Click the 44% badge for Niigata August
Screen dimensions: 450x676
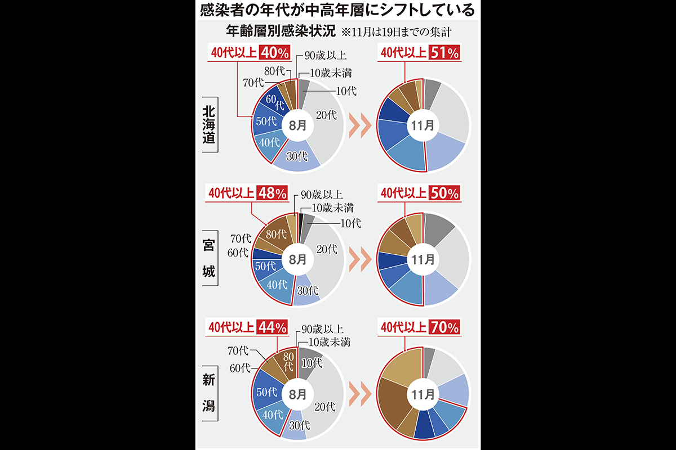tap(272, 326)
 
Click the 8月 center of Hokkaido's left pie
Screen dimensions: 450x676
tap(297, 125)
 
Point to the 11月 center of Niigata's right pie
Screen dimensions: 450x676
tap(424, 393)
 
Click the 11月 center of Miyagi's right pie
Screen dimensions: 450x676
tap(424, 260)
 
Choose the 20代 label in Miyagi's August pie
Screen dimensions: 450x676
tap(327, 248)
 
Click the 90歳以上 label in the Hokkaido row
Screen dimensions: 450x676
tap(324, 55)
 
